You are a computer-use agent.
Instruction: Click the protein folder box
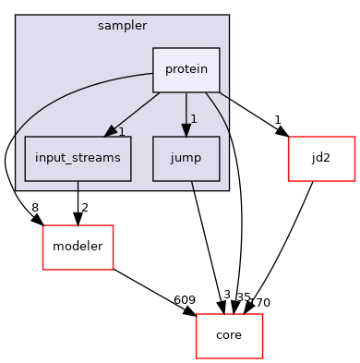(186, 69)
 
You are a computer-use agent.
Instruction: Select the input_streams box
(78, 158)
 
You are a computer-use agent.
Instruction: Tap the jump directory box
(186, 158)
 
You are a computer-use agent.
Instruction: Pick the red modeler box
(78, 247)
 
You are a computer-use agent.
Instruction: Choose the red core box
(229, 335)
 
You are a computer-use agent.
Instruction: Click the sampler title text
(122, 24)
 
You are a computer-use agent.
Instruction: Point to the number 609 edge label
(184, 300)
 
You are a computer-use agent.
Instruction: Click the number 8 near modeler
(35, 208)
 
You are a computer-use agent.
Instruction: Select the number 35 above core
(244, 297)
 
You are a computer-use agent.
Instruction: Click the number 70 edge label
(261, 301)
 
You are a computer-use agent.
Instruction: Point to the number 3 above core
(226, 295)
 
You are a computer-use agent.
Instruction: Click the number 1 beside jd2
(278, 120)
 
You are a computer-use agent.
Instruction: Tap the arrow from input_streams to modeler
(78, 201)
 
